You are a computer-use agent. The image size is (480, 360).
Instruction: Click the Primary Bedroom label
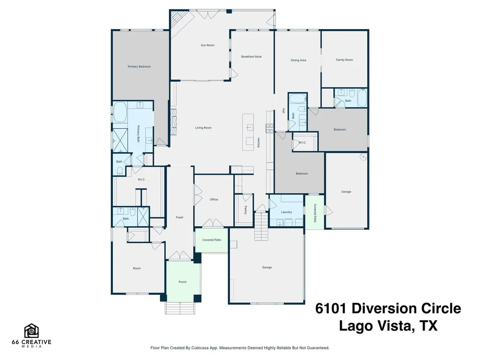(x=139, y=66)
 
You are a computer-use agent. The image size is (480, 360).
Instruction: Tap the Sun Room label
(x=207, y=45)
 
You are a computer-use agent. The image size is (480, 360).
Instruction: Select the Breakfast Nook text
(x=251, y=57)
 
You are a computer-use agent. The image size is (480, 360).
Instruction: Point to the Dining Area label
(x=298, y=60)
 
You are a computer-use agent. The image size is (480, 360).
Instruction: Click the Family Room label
(x=344, y=60)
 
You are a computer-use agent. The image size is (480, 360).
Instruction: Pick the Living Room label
(x=203, y=128)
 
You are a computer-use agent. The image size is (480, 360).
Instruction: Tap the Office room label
(x=214, y=199)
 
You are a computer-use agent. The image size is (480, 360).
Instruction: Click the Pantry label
(x=245, y=210)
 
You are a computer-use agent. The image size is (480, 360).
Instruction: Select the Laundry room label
(x=287, y=212)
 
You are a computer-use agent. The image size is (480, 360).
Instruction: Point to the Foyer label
(x=180, y=218)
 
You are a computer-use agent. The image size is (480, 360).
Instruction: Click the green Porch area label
(x=183, y=282)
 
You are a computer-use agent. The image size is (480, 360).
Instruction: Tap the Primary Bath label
(x=138, y=134)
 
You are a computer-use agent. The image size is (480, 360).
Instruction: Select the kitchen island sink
(x=250, y=127)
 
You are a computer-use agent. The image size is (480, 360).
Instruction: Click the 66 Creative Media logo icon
(x=31, y=331)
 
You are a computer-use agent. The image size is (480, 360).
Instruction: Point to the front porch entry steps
(x=180, y=308)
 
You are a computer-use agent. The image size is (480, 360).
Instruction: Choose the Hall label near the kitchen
(x=284, y=111)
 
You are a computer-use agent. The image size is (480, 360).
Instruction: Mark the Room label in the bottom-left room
(x=137, y=268)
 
